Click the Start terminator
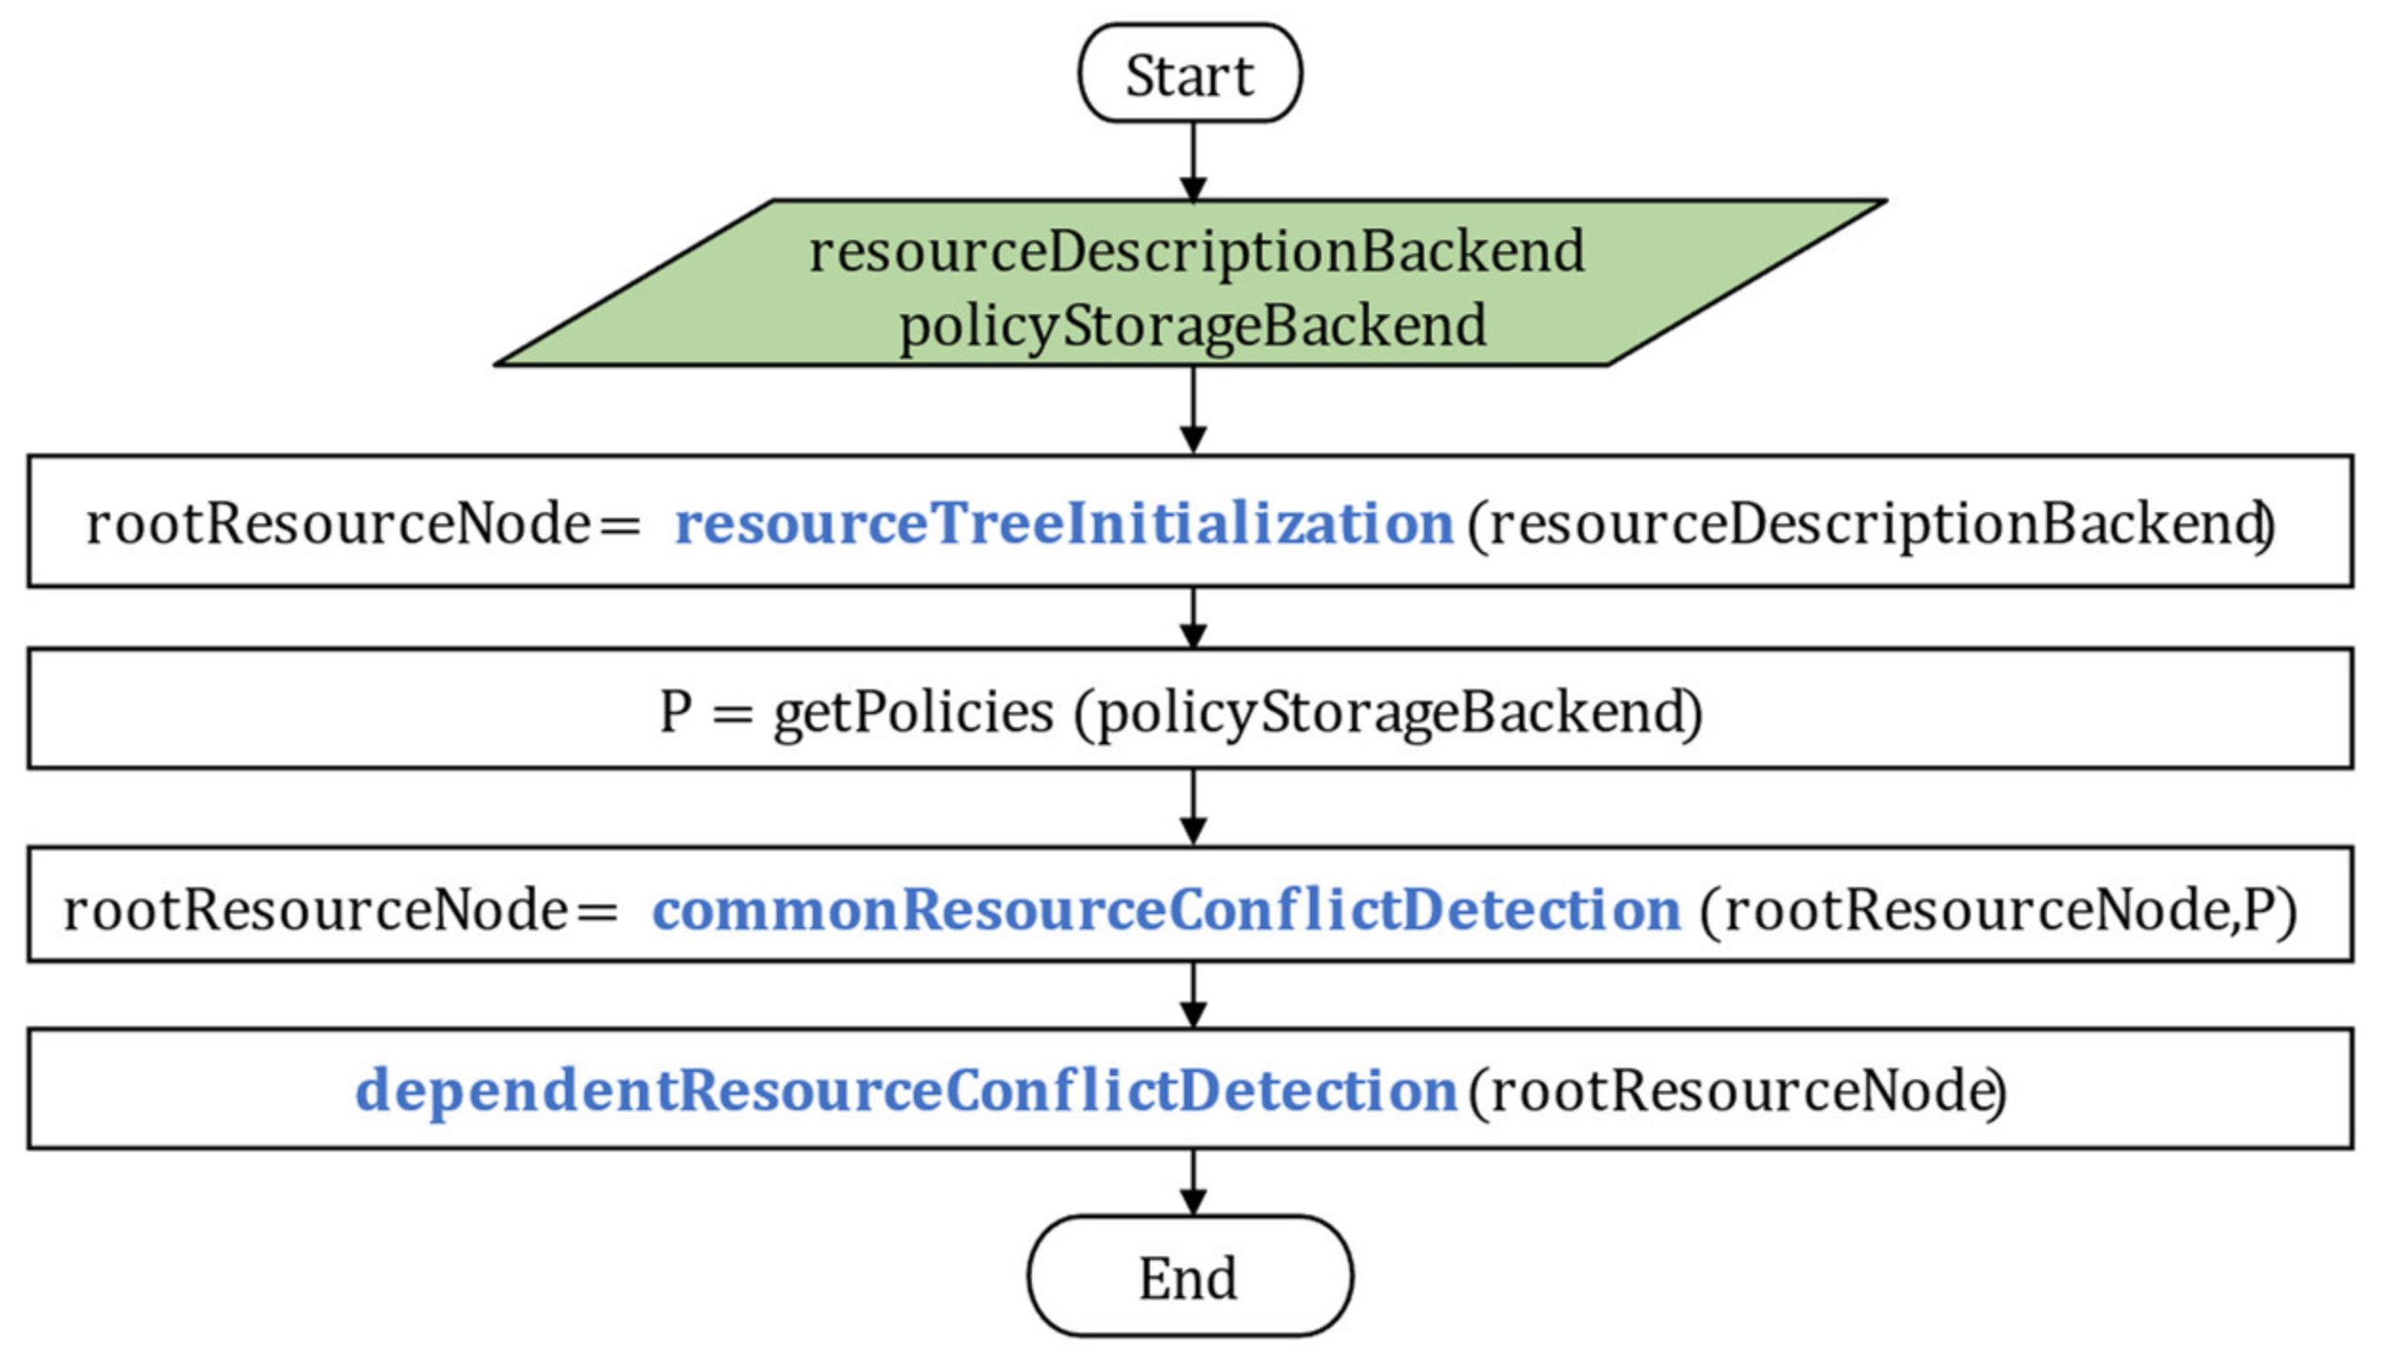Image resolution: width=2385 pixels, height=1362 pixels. [x=1189, y=74]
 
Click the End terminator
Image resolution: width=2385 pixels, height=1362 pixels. [x=1189, y=1277]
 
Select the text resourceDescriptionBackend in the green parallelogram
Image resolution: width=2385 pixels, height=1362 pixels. [x=1197, y=252]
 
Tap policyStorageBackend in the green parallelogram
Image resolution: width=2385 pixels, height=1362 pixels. [x=1192, y=326]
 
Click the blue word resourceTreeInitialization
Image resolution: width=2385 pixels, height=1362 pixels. [x=1063, y=523]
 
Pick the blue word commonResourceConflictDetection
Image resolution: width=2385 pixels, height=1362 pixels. [x=1166, y=910]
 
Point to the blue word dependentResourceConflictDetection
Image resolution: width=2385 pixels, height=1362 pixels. [x=905, y=1090]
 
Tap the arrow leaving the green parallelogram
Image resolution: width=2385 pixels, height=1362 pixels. [x=1193, y=409]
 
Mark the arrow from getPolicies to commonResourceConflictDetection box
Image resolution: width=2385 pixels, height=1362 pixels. [x=1193, y=805]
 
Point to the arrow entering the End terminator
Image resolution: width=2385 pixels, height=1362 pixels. [x=1193, y=1181]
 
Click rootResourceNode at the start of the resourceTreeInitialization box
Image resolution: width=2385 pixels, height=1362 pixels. [x=338, y=523]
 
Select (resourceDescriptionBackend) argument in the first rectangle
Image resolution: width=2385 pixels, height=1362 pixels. [x=1871, y=523]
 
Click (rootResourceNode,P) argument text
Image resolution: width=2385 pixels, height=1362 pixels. [x=1998, y=910]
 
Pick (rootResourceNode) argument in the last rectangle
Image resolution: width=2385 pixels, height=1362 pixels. [x=1737, y=1090]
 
